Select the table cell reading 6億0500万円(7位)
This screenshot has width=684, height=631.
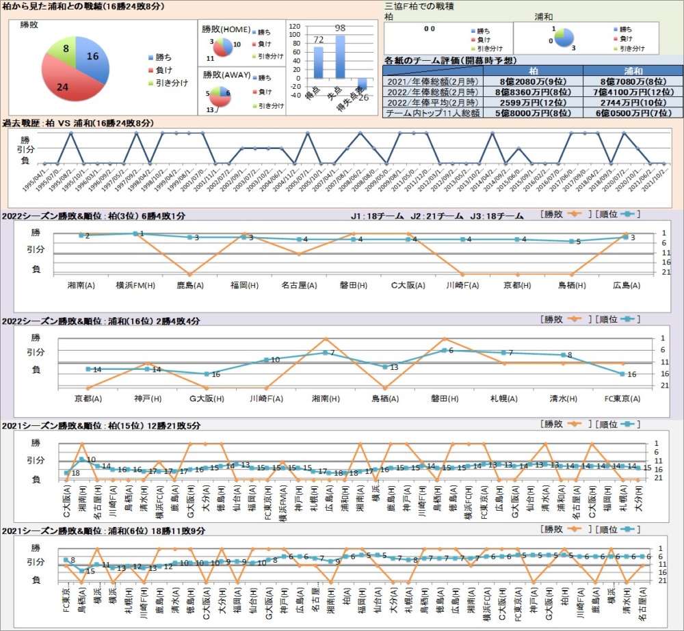point(633,113)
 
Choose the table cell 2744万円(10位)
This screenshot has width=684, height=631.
point(633,102)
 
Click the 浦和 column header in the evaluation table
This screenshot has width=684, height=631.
point(633,70)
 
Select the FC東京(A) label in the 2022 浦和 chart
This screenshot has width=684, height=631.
point(622,399)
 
